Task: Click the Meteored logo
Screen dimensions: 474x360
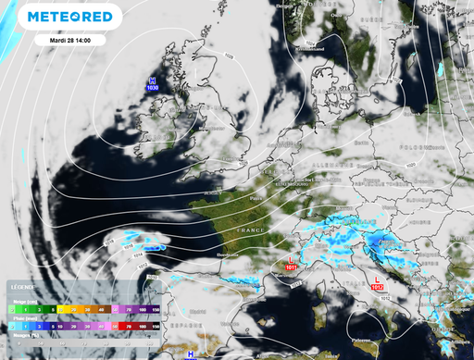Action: pos(69,18)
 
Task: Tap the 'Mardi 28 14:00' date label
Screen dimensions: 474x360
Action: pos(69,41)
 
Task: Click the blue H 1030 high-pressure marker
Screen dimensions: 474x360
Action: pos(153,84)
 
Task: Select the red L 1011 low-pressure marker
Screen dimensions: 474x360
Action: pos(293,264)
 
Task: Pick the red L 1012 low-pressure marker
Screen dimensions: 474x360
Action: pos(377,284)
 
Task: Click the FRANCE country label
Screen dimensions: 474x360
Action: pos(251,228)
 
